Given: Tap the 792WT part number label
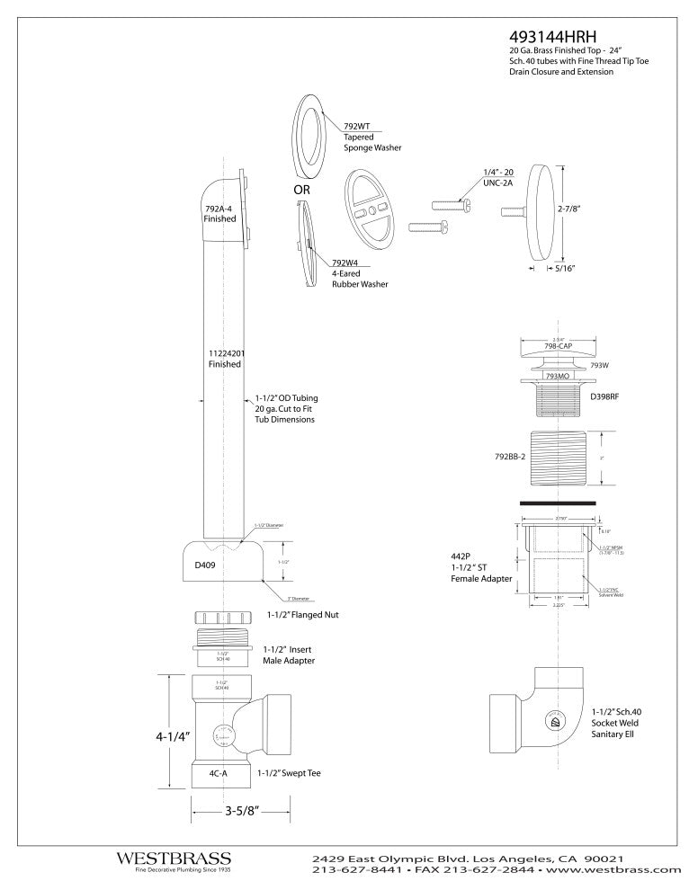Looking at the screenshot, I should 357,127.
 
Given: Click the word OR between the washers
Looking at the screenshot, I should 301,191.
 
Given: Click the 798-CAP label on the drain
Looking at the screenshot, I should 559,346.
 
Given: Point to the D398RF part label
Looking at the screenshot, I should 605,396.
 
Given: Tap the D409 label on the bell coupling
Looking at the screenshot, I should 206,565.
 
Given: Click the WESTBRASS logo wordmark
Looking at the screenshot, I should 174,859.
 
